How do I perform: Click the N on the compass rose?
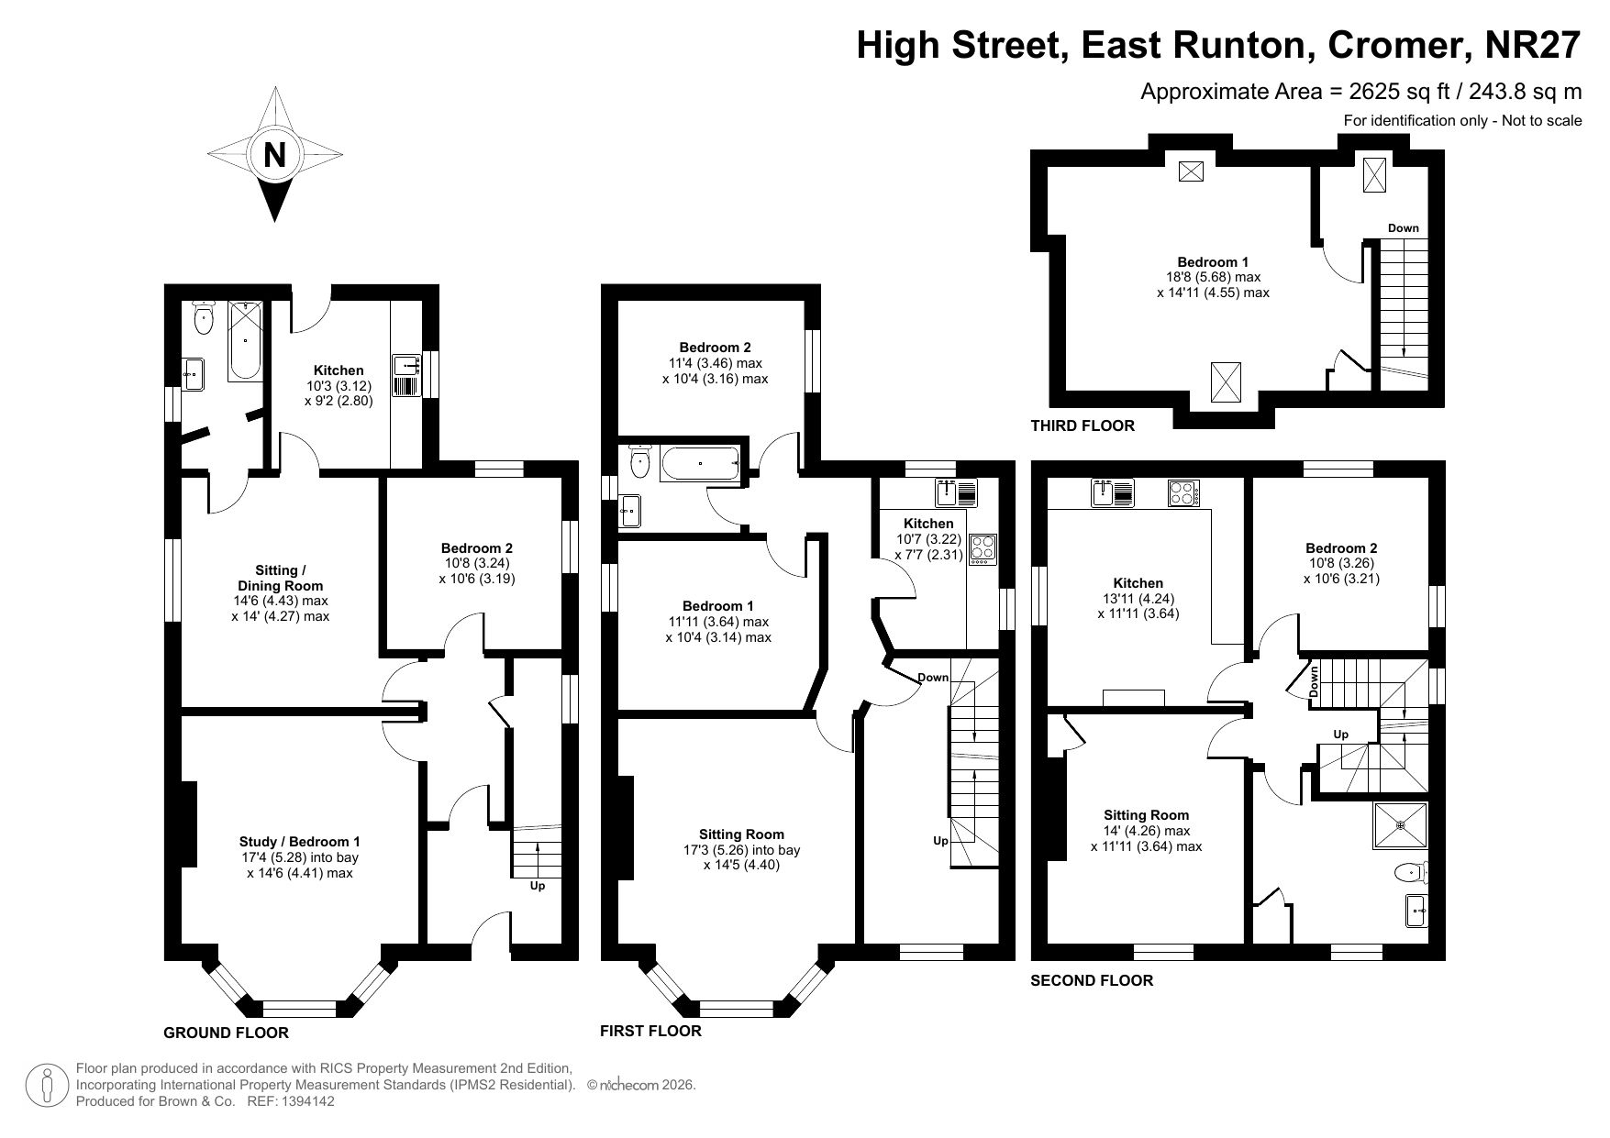pyautogui.click(x=274, y=154)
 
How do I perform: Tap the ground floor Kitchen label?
pyautogui.click(x=339, y=370)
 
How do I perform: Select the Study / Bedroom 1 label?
pyautogui.click(x=300, y=841)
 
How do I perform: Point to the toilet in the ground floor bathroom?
pyautogui.click(x=204, y=317)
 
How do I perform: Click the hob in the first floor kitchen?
pyautogui.click(x=983, y=548)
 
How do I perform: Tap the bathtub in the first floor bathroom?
pyautogui.click(x=700, y=464)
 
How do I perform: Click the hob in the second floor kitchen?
pyautogui.click(x=1183, y=493)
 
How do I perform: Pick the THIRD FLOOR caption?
pyautogui.click(x=1083, y=425)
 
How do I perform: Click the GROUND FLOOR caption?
pyautogui.click(x=226, y=1033)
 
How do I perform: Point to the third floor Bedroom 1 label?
pyautogui.click(x=1213, y=261)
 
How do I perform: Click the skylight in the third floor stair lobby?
pyautogui.click(x=1374, y=174)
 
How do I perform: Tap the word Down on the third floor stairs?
pyautogui.click(x=1403, y=228)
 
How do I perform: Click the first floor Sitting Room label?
pyautogui.click(x=741, y=834)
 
